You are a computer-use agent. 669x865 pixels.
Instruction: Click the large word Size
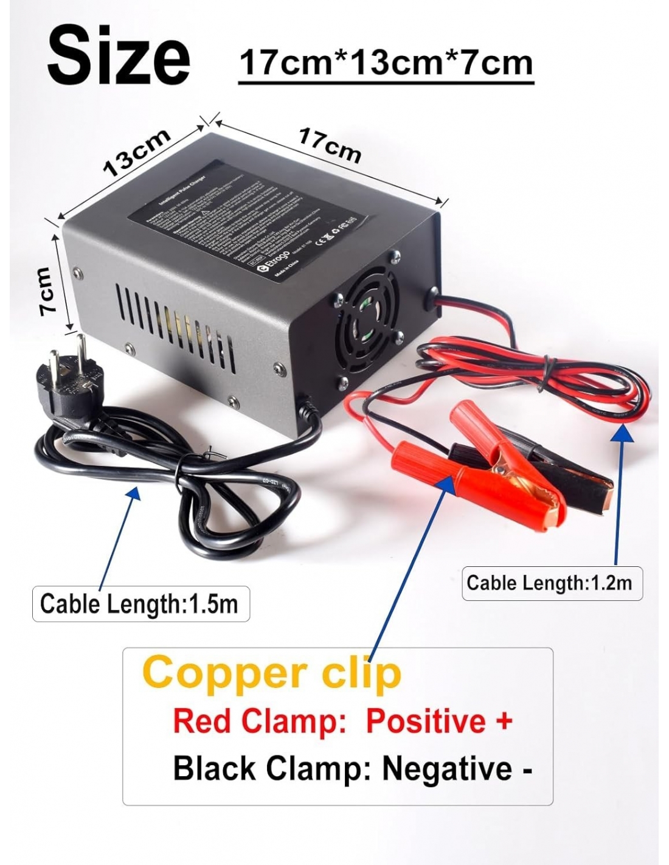tap(119, 56)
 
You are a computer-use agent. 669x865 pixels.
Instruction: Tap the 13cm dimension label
tap(136, 153)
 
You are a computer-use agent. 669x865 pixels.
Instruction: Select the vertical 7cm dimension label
tap(46, 291)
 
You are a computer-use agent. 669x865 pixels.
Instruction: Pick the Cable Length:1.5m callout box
tap(140, 604)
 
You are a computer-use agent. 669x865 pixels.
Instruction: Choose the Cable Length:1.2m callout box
tap(551, 583)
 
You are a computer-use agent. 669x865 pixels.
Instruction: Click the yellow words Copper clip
tap(272, 673)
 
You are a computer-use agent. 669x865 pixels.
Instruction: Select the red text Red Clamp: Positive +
tap(342, 721)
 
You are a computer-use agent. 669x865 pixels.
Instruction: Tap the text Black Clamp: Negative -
tap(353, 768)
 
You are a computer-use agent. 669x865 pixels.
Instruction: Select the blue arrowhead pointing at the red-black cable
tap(621, 431)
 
